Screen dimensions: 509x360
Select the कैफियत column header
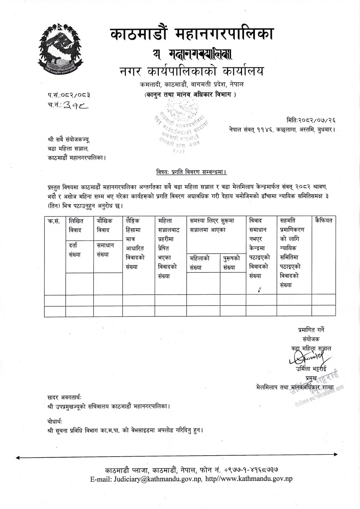324,220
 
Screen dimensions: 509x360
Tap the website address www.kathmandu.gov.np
254,479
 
